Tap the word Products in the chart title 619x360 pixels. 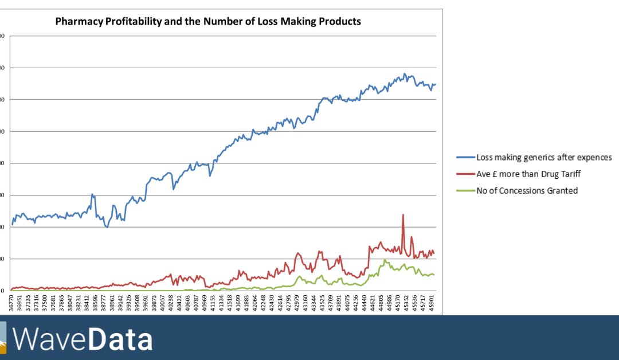pos(340,22)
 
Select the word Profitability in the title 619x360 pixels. pos(130,22)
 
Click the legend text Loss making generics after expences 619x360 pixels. pos(544,157)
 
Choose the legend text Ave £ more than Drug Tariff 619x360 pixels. pos(528,174)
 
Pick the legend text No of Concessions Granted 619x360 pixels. pos(527,190)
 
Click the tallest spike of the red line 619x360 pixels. pos(403,215)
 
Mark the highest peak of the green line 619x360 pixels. pos(385,260)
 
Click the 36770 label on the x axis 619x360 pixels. pos(11,302)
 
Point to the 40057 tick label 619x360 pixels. pos(162,302)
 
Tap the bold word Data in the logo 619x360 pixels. pos(120,339)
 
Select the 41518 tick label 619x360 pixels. pos(229,302)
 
